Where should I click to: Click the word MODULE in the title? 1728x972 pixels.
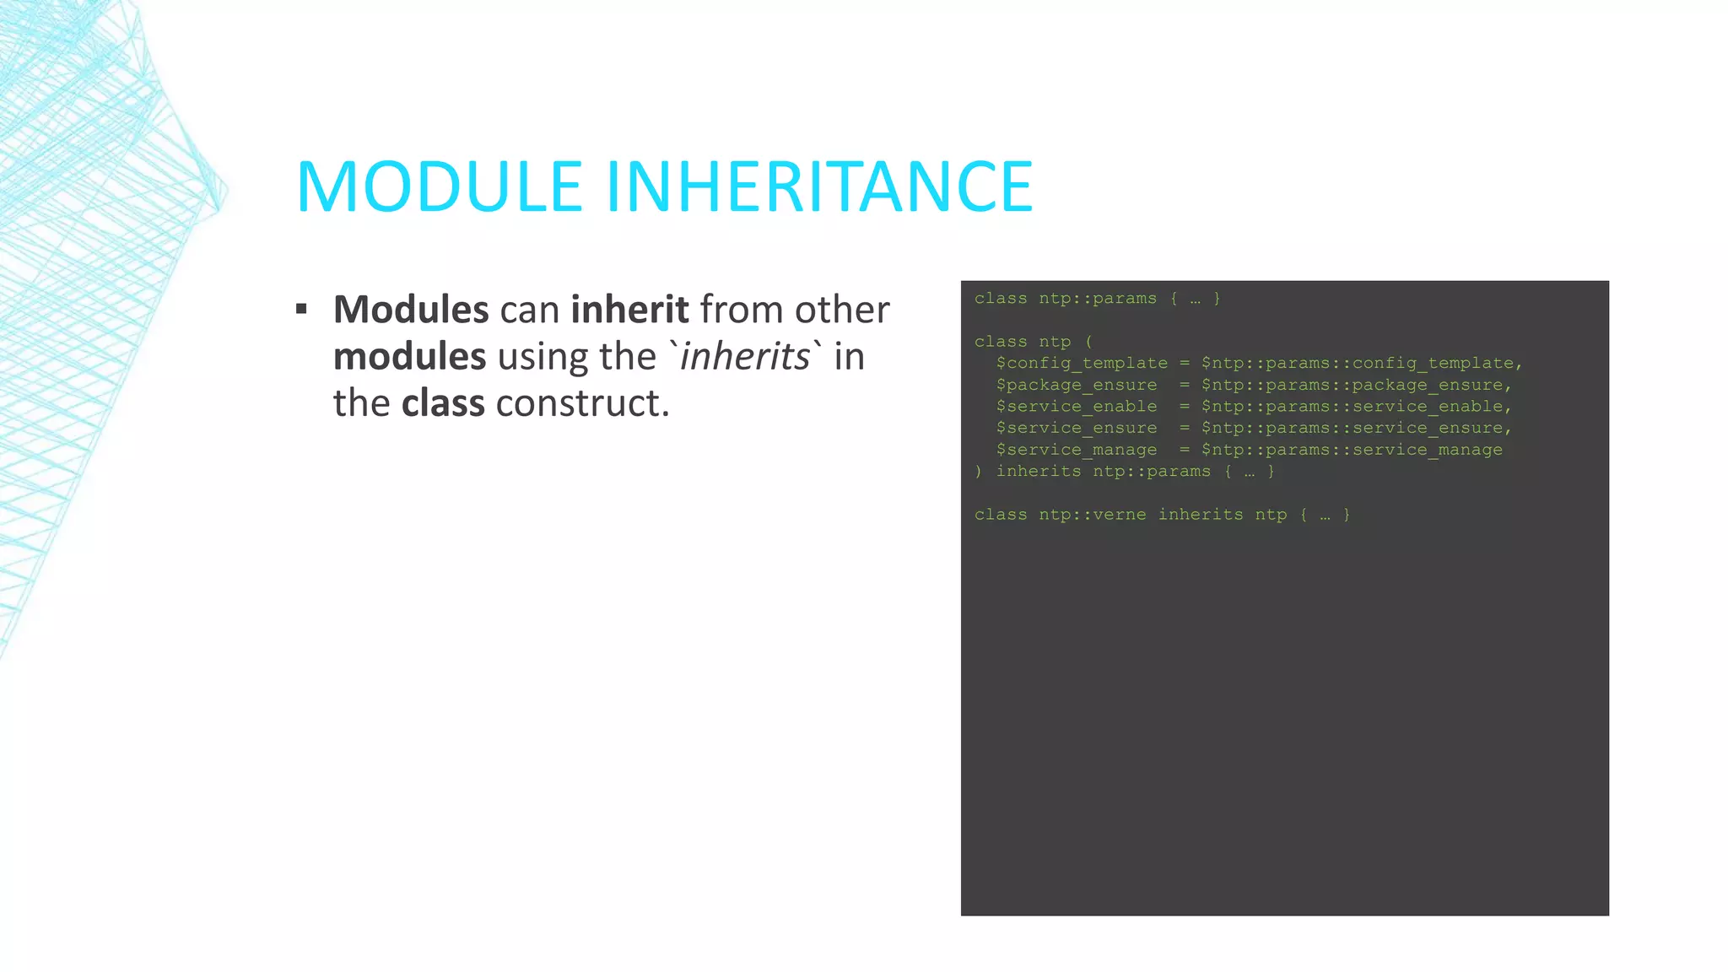440,186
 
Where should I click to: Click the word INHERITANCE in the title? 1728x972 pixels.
819,186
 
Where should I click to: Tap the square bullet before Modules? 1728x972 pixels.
301,309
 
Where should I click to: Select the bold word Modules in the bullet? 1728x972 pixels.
411,310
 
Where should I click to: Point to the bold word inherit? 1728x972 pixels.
629,310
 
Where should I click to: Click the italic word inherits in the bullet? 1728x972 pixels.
745,356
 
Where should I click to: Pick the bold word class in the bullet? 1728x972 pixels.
443,403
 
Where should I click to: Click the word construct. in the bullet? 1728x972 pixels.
582,403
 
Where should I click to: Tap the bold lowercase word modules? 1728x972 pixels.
409,357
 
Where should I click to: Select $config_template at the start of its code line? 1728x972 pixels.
1082,364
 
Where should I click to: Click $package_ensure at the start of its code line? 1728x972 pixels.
1077,385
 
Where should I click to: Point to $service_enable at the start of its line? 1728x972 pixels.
1077,407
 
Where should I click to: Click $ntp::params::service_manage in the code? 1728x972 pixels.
1352,450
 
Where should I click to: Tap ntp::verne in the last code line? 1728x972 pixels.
1093,515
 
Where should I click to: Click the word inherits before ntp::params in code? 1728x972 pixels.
1039,472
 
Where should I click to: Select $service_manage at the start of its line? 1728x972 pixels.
1077,450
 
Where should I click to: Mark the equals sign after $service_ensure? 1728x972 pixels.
1185,429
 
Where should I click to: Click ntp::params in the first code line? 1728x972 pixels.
1098,299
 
